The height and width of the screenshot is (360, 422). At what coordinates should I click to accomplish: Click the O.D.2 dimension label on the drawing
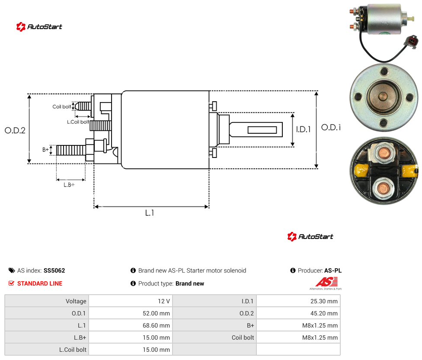pyautogui.click(x=15, y=130)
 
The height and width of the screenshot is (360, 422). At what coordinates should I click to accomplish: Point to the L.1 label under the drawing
pyautogui.click(x=150, y=213)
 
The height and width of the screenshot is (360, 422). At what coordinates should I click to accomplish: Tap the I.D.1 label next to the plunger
pyautogui.click(x=304, y=129)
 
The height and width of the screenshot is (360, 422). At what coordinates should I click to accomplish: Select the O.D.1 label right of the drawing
pyautogui.click(x=331, y=127)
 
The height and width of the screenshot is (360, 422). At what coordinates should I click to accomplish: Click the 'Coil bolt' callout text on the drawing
pyautogui.click(x=62, y=106)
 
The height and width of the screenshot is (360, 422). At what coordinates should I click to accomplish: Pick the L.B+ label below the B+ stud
pyautogui.click(x=69, y=185)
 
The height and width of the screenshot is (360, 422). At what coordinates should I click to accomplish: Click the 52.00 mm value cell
pyautogui.click(x=156, y=313)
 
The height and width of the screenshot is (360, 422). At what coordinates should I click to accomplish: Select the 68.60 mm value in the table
pyautogui.click(x=156, y=325)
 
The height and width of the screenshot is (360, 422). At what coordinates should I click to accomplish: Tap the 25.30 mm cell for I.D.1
pyautogui.click(x=324, y=301)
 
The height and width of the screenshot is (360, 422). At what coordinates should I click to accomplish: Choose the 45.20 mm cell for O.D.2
pyautogui.click(x=324, y=313)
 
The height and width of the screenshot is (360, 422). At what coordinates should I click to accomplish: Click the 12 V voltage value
pyautogui.click(x=164, y=301)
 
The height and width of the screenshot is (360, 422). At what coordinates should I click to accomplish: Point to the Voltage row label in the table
pyautogui.click(x=76, y=301)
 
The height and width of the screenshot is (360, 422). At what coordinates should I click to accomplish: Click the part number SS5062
pyautogui.click(x=54, y=270)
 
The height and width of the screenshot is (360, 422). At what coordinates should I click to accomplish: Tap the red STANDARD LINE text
pyautogui.click(x=40, y=283)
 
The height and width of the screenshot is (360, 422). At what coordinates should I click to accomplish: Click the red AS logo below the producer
pyautogui.click(x=326, y=282)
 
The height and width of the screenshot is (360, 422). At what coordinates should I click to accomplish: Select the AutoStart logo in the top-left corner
pyautogui.click(x=39, y=27)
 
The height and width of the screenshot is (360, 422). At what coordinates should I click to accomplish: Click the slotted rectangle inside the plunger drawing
pyautogui.click(x=262, y=130)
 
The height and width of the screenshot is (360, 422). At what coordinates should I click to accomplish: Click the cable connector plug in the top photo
pyautogui.click(x=412, y=41)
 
